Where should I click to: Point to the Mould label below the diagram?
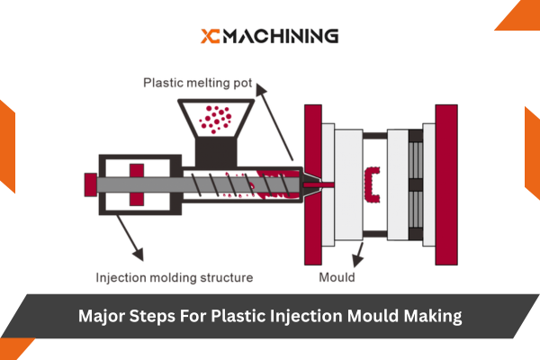coord(337,278)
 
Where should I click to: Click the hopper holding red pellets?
coord(216,120)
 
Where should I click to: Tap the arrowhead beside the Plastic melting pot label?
coord(260,89)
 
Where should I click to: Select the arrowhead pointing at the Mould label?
coord(356,263)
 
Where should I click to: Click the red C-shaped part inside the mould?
coord(371,184)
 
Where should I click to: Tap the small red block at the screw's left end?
coord(90,184)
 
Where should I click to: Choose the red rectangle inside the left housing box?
coord(138,184)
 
